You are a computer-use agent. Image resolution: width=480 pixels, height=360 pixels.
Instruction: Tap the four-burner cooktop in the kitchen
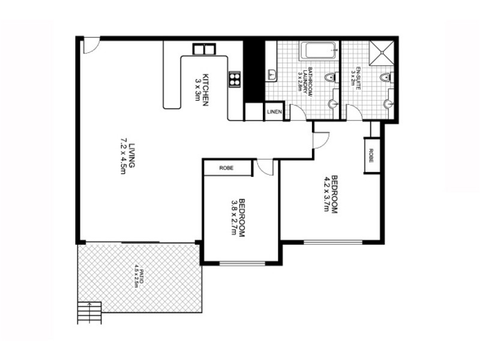235,78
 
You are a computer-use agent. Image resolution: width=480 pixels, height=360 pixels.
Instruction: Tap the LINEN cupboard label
274,112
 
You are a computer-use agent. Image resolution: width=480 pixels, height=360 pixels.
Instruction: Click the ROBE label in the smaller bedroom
226,168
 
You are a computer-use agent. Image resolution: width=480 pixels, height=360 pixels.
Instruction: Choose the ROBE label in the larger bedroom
371,155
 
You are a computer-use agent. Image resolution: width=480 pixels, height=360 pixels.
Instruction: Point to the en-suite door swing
354,112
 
